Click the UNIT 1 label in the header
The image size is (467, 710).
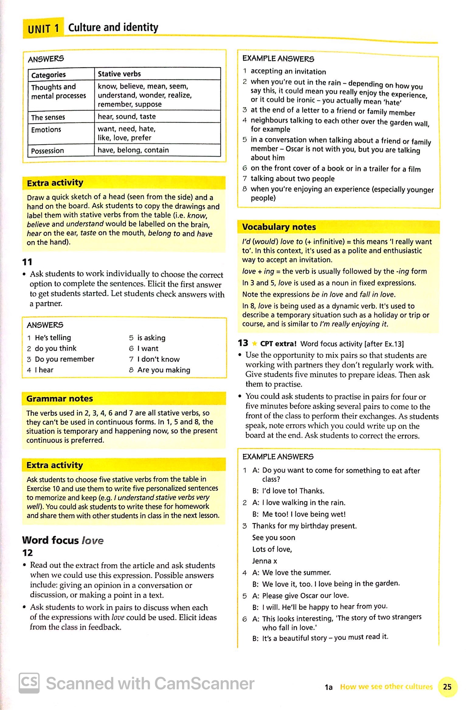43,29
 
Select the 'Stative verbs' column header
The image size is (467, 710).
119,74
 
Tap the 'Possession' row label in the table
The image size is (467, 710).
47,151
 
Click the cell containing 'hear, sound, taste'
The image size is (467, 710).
126,116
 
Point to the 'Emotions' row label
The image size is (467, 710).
46,130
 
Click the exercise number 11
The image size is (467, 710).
27,262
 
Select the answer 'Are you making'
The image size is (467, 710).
164,370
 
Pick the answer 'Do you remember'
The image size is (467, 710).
64,359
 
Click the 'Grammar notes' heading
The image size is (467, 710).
59,399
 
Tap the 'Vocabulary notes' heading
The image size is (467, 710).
279,227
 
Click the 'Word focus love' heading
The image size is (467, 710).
63,540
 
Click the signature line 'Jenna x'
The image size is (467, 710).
265,561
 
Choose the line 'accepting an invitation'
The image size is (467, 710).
288,72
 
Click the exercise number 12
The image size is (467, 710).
27,553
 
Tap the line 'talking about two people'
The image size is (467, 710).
292,179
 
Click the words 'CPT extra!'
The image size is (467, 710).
278,344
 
